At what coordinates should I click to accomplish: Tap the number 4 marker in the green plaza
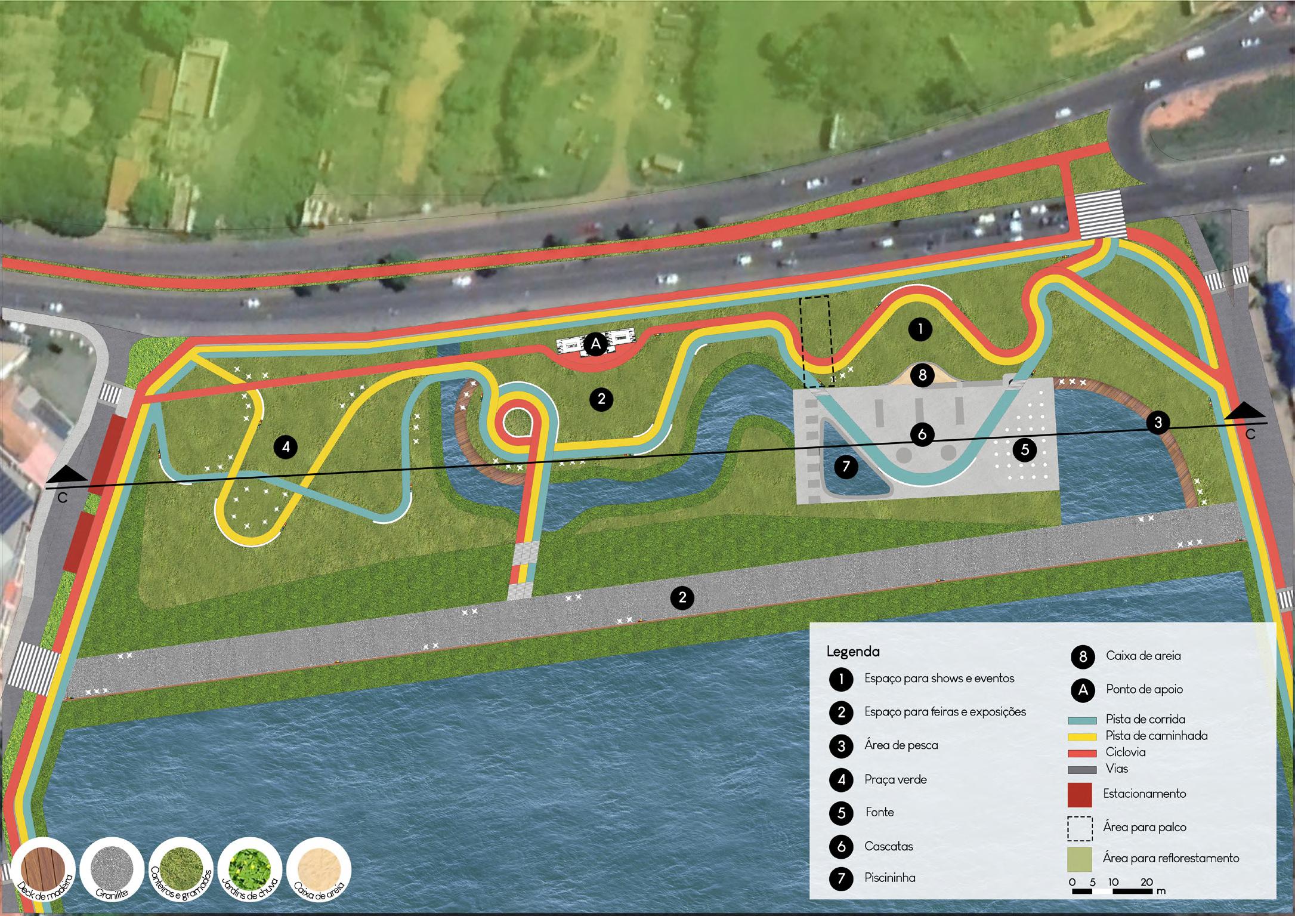[286, 447]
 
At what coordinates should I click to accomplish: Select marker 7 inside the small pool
[846, 467]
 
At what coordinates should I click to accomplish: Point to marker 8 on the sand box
[923, 375]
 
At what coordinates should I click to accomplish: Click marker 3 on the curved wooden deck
[1158, 422]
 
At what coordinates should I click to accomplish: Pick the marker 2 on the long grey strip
[682, 597]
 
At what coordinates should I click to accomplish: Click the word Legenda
[853, 651]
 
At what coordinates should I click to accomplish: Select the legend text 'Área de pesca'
[901, 745]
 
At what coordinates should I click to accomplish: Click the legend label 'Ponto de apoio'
[1144, 689]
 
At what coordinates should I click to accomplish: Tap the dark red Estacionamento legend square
[1080, 794]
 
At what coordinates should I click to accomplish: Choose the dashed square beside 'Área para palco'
[1080, 828]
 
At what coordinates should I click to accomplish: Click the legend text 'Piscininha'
[889, 878]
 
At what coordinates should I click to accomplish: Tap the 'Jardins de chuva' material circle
[250, 873]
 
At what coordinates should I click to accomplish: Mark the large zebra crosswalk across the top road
[1099, 214]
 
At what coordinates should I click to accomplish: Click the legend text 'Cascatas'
[889, 846]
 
